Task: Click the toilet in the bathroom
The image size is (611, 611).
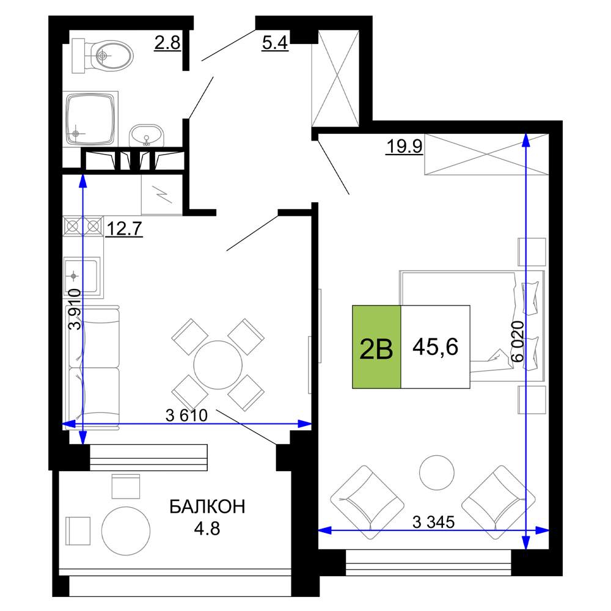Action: coord(102,56)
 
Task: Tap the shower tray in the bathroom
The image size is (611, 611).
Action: coord(90,119)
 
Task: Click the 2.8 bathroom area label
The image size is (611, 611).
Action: coord(167,43)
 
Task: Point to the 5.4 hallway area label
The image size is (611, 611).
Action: coord(275,43)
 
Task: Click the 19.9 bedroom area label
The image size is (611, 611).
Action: coord(404,147)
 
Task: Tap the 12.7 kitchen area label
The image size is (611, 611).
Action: coord(124,229)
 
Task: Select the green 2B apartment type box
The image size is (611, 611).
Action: coord(376,347)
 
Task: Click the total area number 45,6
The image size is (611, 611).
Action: coord(435,347)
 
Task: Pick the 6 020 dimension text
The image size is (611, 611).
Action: coord(518,342)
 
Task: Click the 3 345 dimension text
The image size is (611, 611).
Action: coord(434,522)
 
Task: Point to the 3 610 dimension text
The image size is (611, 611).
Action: coord(186,415)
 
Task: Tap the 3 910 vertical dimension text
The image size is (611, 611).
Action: coord(75,309)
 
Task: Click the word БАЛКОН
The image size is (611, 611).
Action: coord(207,507)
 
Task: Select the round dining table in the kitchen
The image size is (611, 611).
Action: coord(218,365)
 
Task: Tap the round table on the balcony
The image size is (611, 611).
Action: coord(125,531)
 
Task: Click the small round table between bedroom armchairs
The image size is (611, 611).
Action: coord(436,473)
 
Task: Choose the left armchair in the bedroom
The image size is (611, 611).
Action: coord(367,502)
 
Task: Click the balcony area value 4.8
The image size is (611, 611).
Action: coord(207,529)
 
